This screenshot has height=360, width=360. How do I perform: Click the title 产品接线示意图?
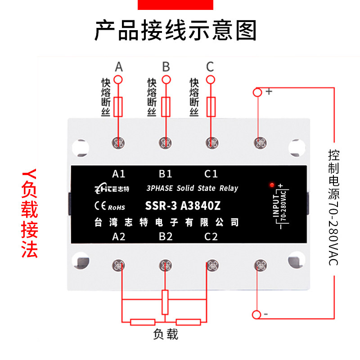[175, 31]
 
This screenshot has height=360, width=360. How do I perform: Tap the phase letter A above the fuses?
[119, 67]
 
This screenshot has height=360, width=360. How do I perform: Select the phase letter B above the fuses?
[166, 67]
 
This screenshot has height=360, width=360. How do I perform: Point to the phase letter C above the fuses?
[210, 67]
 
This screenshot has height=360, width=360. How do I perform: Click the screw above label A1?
[119, 143]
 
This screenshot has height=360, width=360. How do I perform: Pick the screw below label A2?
[119, 265]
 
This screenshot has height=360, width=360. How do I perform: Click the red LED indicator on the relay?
[271, 184]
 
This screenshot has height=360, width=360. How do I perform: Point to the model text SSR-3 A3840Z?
[183, 207]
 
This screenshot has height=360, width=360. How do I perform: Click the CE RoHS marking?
[110, 207]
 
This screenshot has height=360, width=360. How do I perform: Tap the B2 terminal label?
[166, 237]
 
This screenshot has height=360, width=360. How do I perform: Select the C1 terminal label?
[211, 174]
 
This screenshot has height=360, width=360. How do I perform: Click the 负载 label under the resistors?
[166, 334]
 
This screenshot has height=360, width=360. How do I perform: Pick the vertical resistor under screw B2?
[165, 302]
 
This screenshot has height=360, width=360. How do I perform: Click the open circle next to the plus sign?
[257, 92]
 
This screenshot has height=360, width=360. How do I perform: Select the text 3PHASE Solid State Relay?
[192, 189]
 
